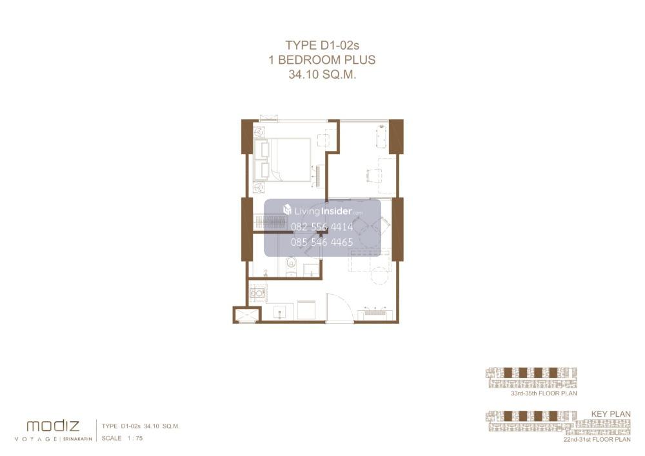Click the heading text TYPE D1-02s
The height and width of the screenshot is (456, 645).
coord(322,45)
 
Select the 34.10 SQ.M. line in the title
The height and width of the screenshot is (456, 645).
coord(322,74)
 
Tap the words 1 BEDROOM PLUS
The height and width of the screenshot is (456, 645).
coord(322,59)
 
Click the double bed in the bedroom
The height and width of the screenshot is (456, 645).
coord(283,159)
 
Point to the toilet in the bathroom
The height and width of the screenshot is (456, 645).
coord(292,265)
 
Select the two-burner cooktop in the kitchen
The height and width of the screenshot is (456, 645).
coord(257,293)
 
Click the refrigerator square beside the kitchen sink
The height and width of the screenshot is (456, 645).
coord(306,310)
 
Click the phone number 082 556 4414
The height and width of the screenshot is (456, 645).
coord(322,226)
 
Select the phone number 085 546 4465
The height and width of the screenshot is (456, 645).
coord(322,242)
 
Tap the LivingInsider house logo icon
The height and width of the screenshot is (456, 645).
coord(287,210)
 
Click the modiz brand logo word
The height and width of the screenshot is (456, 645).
coord(53,426)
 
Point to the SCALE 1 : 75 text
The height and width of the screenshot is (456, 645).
coord(122,439)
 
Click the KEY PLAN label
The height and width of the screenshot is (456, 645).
coord(611,414)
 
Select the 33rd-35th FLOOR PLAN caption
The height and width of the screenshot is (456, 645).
coord(544,393)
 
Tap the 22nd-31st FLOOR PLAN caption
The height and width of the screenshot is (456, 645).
coord(597,439)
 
